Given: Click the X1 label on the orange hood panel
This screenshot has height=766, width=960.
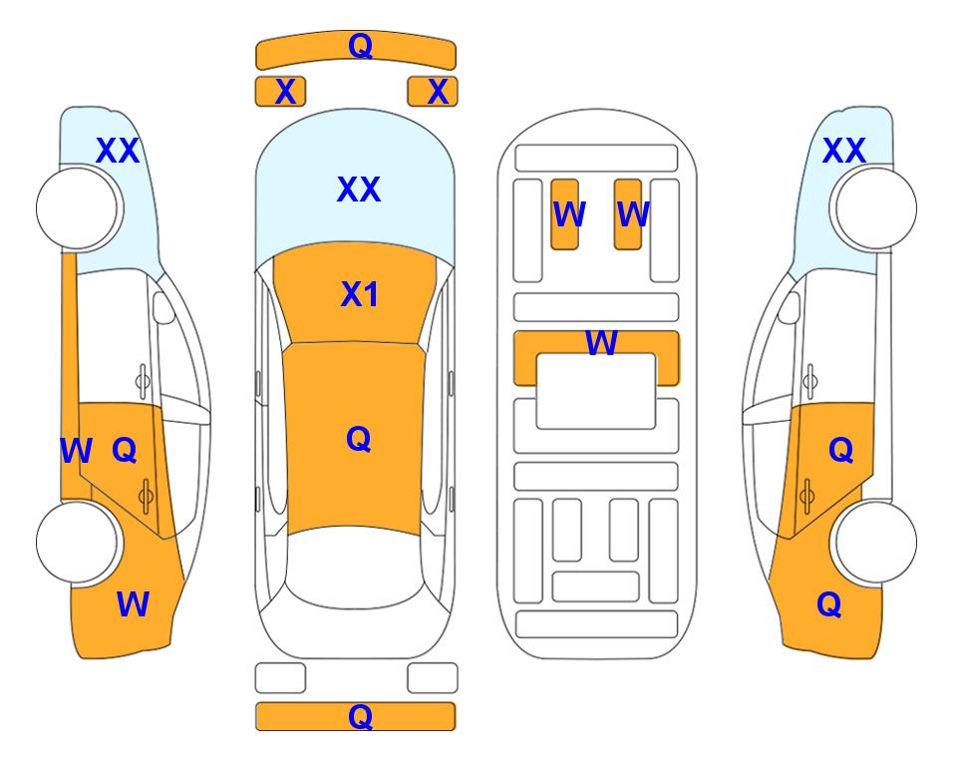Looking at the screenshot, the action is coord(360,294).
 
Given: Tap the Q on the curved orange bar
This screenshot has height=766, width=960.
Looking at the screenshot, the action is coord(360,46).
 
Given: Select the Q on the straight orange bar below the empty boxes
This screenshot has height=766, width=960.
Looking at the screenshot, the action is coord(360,716).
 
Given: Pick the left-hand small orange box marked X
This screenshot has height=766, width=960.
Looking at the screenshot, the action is coord(280,92).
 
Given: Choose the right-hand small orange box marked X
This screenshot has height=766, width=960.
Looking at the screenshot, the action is coord(433,92).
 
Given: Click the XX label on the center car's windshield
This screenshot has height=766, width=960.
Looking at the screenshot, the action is coord(359,190).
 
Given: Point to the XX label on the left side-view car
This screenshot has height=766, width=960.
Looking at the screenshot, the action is coord(118,151).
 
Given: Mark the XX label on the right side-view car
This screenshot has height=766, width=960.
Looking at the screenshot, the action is coord(843,151).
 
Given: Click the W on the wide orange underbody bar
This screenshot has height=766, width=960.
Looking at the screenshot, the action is coord(601,342).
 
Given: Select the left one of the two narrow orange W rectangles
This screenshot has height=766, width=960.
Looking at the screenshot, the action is coord(564,214).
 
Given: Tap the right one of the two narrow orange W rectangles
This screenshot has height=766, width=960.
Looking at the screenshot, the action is coord(628,214).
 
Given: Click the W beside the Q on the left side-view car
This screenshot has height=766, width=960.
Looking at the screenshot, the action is coord(76,452).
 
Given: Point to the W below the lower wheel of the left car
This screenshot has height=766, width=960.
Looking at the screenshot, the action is coord(133,604).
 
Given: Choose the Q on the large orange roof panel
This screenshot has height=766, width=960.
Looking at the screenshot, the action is coord(358,439).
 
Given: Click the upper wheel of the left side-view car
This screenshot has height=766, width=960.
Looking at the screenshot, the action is coord(78,207).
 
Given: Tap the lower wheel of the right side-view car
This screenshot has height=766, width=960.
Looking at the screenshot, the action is coord(876,542).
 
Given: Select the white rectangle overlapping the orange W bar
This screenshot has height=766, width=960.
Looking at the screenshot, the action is coord(596,391).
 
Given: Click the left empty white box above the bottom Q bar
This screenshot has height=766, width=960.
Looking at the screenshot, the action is coord(280,678).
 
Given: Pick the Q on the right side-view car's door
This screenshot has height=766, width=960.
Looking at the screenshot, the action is coord(840,451).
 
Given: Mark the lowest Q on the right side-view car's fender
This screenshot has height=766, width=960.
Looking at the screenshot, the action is coord(829,604).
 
